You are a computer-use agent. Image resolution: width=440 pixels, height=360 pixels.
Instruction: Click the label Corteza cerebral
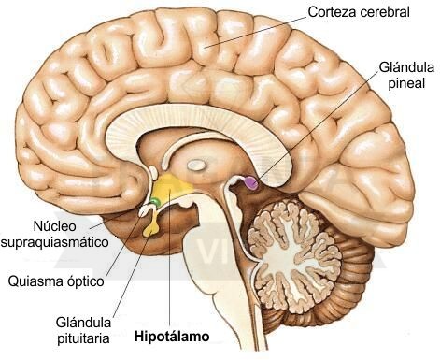pos(359,12)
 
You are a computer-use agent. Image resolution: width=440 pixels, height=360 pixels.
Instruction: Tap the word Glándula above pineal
pos(406,67)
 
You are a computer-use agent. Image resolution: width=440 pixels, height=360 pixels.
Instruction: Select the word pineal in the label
pos(406,83)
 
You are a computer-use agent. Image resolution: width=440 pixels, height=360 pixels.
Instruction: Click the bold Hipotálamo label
pos(172,337)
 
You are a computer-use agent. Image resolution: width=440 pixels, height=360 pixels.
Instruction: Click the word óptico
pos(82,281)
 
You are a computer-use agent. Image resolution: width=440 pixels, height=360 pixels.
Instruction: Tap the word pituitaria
pos(83,338)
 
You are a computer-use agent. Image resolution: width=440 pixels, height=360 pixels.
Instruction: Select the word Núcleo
pos(55,226)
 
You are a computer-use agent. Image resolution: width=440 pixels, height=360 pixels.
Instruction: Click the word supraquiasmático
pos(55,242)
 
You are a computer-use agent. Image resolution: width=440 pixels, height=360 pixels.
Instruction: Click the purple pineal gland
pos(251,183)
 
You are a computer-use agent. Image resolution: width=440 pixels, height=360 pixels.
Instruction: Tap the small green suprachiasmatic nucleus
pos(155,202)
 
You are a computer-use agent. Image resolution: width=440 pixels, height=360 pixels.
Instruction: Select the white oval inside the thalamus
pos(195,165)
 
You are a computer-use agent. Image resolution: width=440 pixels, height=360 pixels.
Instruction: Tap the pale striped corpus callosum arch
pos(199,122)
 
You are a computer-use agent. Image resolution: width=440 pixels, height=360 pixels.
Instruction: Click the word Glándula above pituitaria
pos(83,323)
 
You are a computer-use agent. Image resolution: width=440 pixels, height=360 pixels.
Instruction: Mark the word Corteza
pos(332,12)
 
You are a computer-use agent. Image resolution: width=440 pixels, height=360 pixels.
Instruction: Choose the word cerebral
pos(385,12)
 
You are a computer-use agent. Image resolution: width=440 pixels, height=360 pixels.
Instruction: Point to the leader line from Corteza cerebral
pos(255,32)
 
